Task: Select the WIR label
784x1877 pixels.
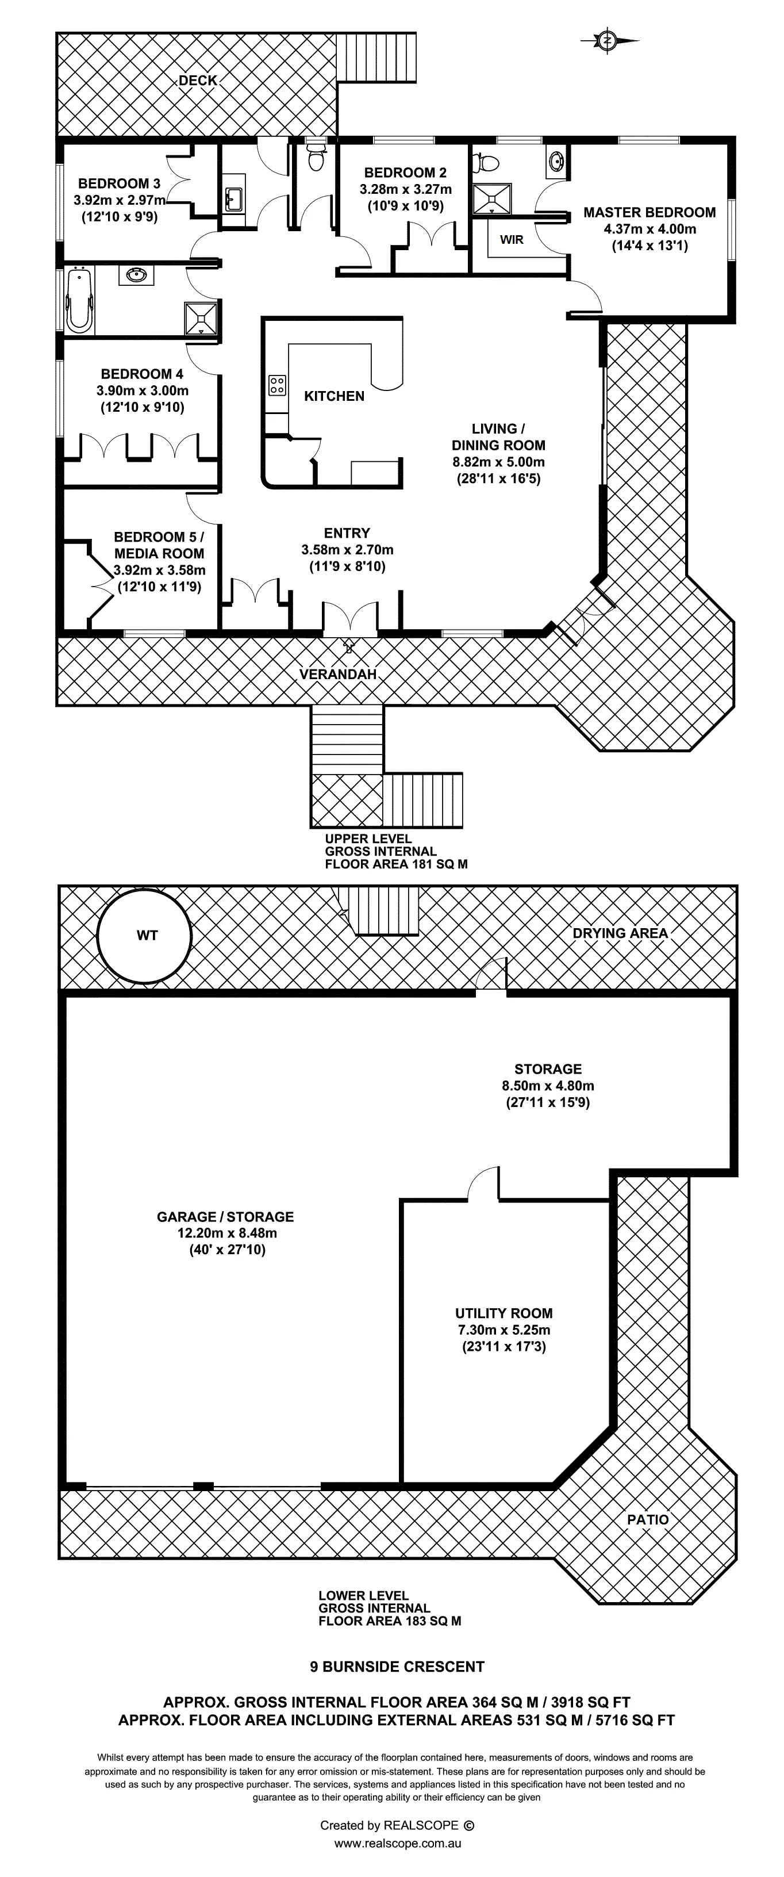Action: (512, 240)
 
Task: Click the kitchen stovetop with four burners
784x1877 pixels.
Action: (277, 385)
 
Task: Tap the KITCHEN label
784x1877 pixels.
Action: (334, 396)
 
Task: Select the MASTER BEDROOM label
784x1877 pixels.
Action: (649, 213)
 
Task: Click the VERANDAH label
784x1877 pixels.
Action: (338, 675)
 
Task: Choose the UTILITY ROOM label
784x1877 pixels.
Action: (504, 1313)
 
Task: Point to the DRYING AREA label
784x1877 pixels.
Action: (620, 933)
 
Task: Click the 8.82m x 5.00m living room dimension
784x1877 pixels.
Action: (498, 462)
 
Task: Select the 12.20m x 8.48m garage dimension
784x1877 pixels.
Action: (226, 1233)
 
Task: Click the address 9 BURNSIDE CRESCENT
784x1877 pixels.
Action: (397, 1667)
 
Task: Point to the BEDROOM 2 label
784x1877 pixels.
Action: (405, 173)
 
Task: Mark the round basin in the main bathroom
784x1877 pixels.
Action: (136, 275)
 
